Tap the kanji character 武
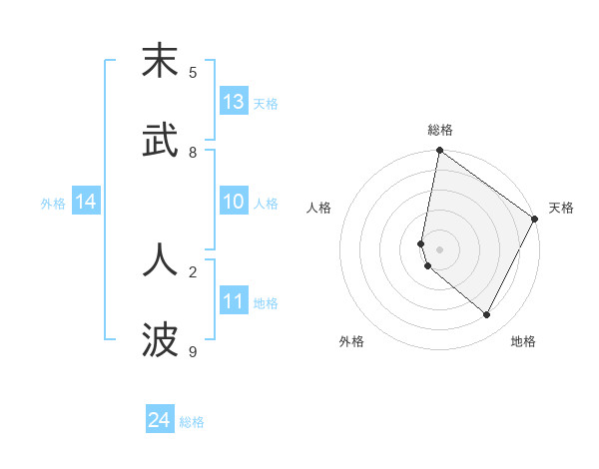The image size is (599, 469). tap(160, 142)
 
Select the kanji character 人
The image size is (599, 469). tap(160, 260)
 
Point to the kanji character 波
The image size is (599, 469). tap(160, 340)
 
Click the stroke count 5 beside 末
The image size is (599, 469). tap(193, 72)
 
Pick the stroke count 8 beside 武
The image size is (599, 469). tap(193, 152)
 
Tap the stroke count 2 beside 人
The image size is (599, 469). tap(193, 270)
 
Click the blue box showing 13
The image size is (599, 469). tap(234, 102)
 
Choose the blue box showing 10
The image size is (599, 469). tap(234, 202)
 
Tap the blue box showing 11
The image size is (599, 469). tap(234, 301)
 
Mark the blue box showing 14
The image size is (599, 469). tap(86, 202)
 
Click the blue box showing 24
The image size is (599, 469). tap(160, 421)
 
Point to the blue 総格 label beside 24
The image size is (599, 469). tap(192, 422)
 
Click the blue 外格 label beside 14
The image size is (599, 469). tap(53, 203)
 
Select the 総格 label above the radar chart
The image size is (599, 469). tap(440, 130)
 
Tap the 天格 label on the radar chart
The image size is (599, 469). tap(561, 208)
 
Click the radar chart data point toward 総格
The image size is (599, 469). tap(439, 152)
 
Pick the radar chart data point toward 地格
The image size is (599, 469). tap(487, 315)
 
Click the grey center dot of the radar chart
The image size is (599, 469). tap(439, 248)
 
